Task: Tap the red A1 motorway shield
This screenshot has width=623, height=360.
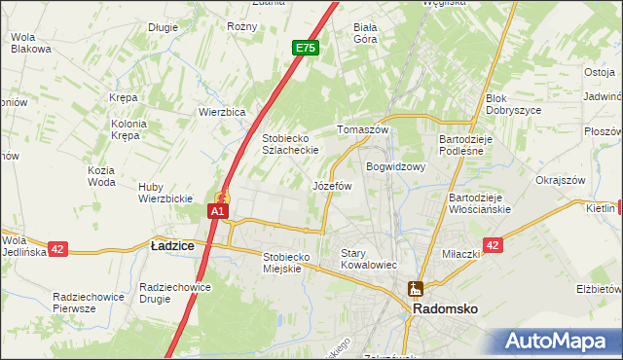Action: pyautogui.click(x=219, y=210)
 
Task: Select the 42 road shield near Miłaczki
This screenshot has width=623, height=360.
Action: pyautogui.click(x=493, y=246)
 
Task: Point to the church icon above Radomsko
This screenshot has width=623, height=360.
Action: pyautogui.click(x=416, y=288)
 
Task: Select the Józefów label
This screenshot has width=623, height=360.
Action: pyautogui.click(x=332, y=185)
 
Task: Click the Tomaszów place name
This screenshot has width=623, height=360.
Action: pyautogui.click(x=362, y=129)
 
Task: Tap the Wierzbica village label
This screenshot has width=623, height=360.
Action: pyautogui.click(x=222, y=112)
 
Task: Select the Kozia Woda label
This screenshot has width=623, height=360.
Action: pyautogui.click(x=101, y=176)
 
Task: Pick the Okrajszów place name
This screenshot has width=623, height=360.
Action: pyautogui.click(x=560, y=180)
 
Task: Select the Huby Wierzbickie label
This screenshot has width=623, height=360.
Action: pyautogui.click(x=165, y=193)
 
